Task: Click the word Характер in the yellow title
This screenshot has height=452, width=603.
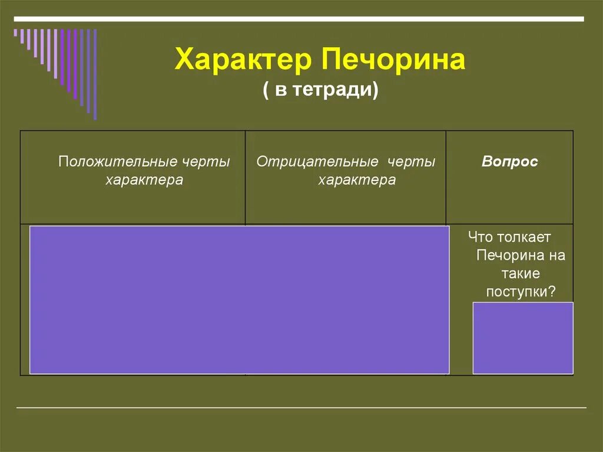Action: click(243, 61)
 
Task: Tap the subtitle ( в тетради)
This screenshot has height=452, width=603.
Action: click(320, 91)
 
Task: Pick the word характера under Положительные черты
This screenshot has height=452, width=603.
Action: click(144, 180)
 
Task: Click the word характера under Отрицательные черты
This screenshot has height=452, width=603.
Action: click(357, 180)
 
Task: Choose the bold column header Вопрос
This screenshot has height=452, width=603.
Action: click(509, 162)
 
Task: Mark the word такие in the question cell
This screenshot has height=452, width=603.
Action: click(521, 273)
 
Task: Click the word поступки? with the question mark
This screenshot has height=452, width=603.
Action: click(521, 292)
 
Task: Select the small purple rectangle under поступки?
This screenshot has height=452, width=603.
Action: click(523, 338)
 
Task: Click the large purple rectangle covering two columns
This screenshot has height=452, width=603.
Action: click(239, 299)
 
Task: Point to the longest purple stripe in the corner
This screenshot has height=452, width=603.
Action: click(95, 74)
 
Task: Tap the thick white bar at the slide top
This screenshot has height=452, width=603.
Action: click(299, 19)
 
